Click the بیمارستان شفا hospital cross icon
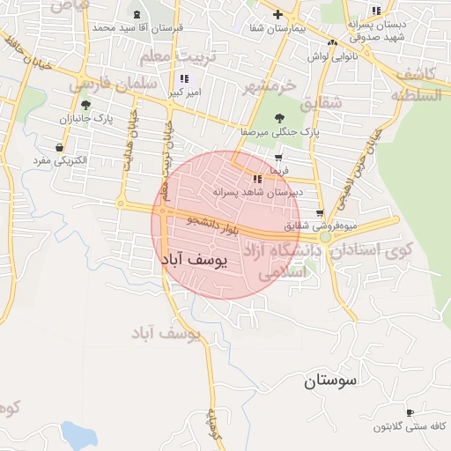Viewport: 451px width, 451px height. pos(278,14)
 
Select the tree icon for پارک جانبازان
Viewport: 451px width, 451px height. pos(85,105)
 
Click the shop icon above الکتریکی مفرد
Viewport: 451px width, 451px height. pos(59,147)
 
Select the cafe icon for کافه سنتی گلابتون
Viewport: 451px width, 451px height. pos(410,412)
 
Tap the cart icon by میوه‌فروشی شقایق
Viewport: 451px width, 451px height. pos(319,212)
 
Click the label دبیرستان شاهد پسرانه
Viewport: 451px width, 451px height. pos(260,191)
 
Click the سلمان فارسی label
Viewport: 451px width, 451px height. pos(116,85)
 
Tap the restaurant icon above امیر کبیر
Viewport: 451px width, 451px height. pos(183,78)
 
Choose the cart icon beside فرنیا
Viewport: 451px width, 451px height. pos(279,158)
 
